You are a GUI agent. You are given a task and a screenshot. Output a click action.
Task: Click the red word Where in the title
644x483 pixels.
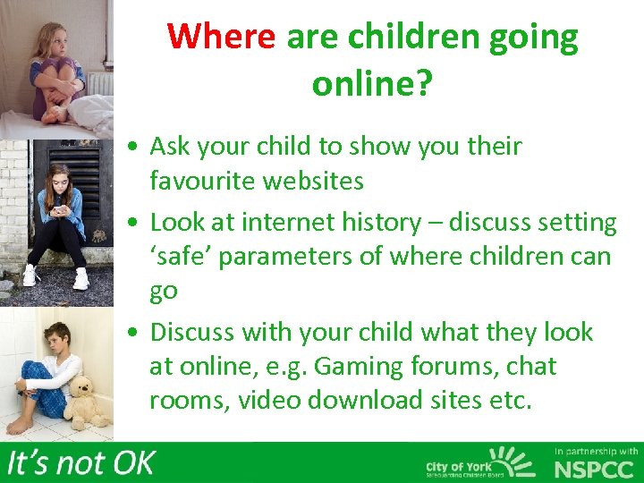coord(222,37)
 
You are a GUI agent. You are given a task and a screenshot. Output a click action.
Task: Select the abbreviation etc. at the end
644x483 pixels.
coord(510,401)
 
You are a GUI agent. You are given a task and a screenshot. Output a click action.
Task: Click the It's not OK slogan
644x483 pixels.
coord(80,462)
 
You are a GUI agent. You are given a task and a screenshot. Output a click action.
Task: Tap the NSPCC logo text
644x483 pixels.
coord(596,469)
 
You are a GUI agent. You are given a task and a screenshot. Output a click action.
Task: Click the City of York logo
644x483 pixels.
coord(479,462)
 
